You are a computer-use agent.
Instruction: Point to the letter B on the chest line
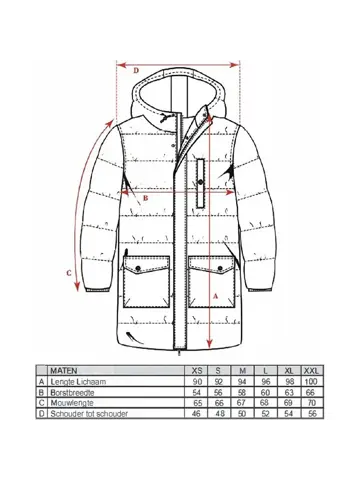coord(145,197)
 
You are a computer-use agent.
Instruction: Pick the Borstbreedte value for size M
coord(240,393)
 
